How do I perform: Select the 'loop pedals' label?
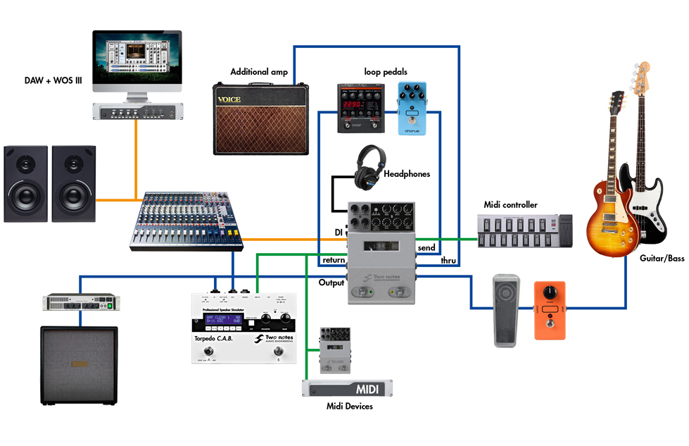[x=386, y=72]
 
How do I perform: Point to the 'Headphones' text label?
[x=406, y=173]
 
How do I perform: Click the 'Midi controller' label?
[x=510, y=205]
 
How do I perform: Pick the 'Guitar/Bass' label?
[x=662, y=259]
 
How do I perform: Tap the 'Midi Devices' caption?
[x=349, y=406]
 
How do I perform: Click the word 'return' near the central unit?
[x=334, y=260]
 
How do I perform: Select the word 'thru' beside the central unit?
[x=448, y=261]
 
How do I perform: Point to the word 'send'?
[x=426, y=248]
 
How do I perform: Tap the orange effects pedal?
[x=549, y=310]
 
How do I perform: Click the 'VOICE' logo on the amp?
[x=229, y=99]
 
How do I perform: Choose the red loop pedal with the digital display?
[x=360, y=108]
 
